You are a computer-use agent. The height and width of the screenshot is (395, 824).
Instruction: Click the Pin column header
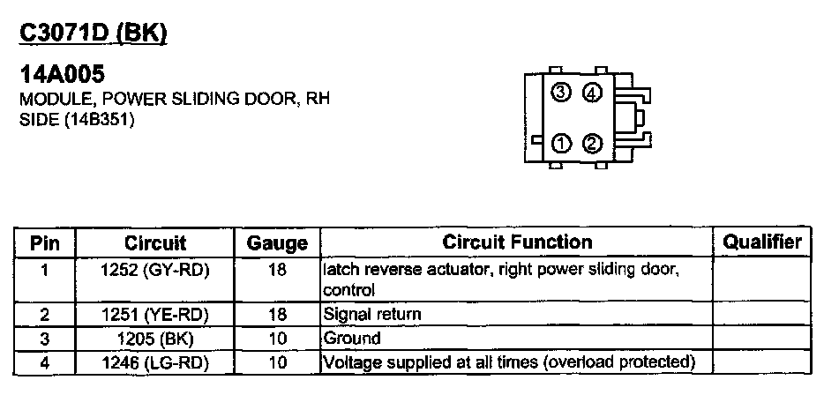coord(45,242)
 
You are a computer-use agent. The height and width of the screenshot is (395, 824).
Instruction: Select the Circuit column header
coord(155,242)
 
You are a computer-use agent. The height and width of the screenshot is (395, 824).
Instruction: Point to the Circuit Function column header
coord(517,242)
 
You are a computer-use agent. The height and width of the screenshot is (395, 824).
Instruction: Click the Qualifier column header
coord(762,242)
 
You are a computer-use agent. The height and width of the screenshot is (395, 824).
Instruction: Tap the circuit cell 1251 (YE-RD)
coord(155,313)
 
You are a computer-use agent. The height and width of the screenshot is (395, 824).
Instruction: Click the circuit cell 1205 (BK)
coord(155,338)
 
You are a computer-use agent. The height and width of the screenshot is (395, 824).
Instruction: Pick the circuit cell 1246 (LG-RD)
coord(155,361)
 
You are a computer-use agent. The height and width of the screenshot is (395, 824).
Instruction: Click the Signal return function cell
coord(372,313)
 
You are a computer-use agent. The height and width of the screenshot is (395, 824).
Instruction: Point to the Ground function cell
coord(352,338)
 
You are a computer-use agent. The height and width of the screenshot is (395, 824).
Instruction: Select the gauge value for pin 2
coord(277,313)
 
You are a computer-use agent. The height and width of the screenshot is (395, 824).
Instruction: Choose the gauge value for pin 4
coord(277,361)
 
